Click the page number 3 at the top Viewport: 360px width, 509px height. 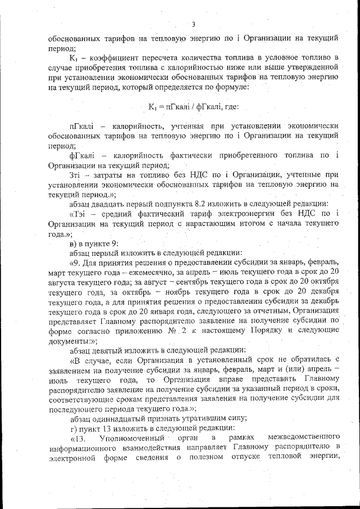pyautogui.click(x=193, y=24)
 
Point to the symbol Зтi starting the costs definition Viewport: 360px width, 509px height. pyautogui.click(x=76, y=175)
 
